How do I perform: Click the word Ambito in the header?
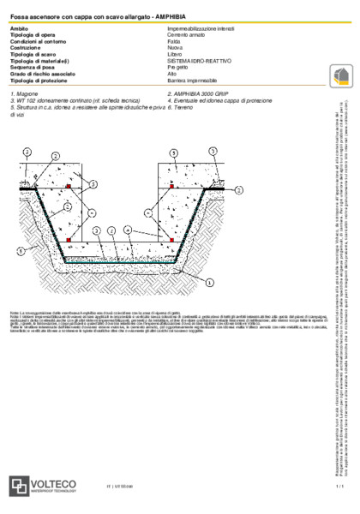click(17, 28)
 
